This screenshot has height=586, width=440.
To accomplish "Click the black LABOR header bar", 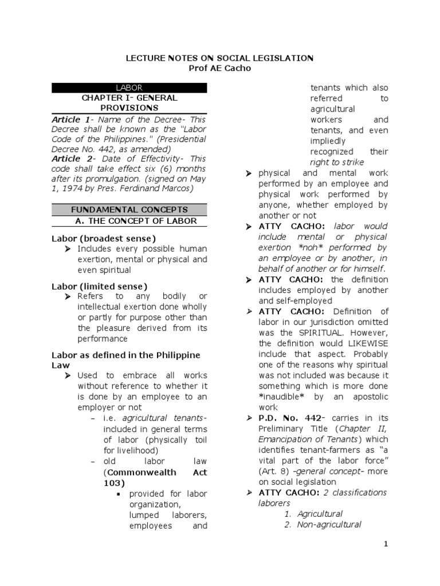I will (x=129, y=88).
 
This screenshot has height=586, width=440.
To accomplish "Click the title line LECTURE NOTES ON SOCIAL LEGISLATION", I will (x=219, y=58).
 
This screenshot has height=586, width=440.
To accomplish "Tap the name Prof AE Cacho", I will (x=219, y=69).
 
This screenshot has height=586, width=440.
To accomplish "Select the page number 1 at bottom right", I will (x=386, y=544).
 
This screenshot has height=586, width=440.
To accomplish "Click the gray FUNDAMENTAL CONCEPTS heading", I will (x=129, y=210).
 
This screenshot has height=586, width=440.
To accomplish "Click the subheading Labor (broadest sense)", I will (x=104, y=238).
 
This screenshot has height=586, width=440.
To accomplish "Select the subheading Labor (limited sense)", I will (x=100, y=286).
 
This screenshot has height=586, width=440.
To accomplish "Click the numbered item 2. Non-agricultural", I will (x=323, y=525).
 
